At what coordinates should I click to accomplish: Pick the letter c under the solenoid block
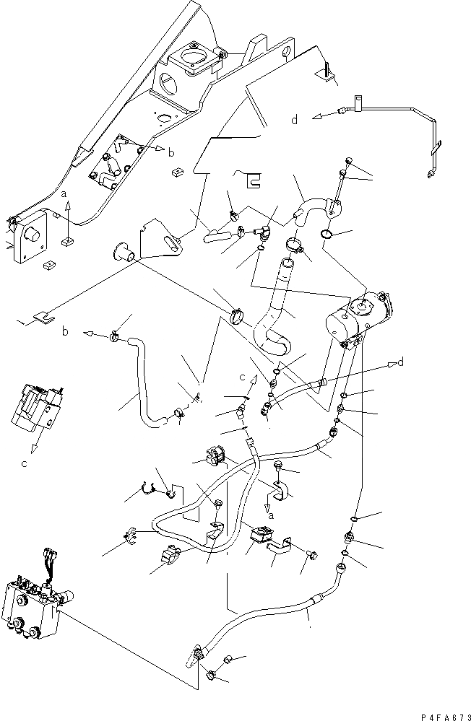24,463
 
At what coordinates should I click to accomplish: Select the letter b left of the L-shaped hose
65,333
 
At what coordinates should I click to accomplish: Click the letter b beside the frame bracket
171,153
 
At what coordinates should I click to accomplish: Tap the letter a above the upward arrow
64,196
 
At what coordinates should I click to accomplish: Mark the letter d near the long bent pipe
294,121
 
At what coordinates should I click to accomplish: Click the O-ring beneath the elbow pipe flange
326,234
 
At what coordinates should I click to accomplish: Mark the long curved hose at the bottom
275,613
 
